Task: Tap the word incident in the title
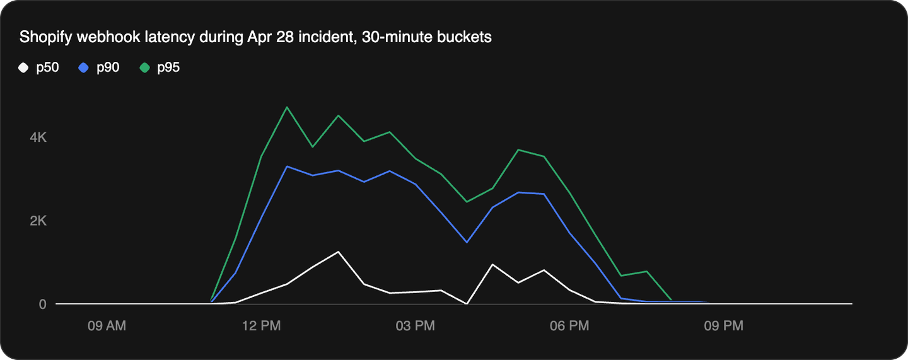[343, 37]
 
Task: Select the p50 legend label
[47, 67]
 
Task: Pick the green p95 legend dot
[144, 67]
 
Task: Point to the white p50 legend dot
[23, 67]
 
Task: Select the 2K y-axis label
[38, 221]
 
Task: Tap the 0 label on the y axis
[43, 304]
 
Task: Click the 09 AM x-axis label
[107, 326]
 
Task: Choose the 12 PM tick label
[261, 326]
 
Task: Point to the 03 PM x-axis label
[416, 326]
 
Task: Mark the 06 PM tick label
[569, 326]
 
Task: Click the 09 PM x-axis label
[724, 326]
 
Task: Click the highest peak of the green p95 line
[287, 107]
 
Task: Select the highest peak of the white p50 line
[339, 252]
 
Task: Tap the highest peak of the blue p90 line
[287, 166]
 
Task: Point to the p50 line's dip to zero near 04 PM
[467, 303]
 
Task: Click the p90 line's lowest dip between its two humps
[467, 242]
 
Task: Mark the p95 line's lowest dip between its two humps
[467, 202]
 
